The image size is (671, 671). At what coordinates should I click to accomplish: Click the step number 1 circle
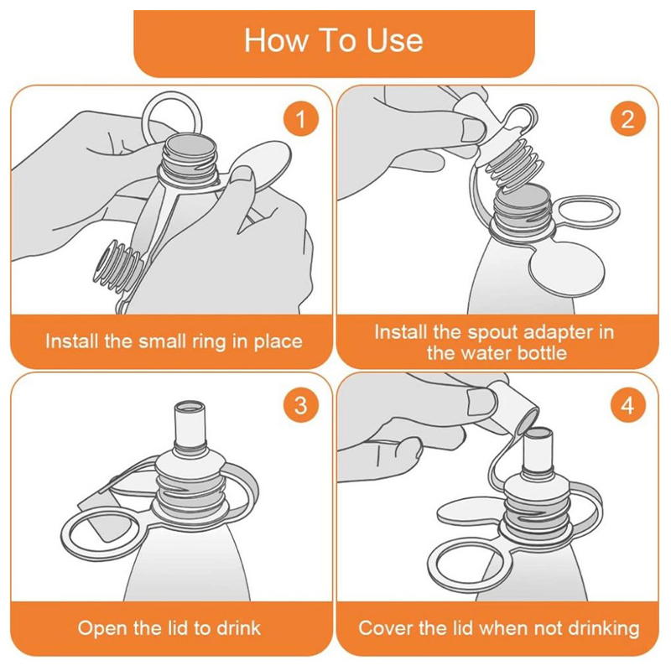click(301, 118)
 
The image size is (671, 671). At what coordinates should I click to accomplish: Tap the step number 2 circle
click(627, 118)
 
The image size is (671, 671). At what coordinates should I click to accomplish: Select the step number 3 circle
click(301, 405)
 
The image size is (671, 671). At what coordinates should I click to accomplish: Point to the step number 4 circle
click(627, 405)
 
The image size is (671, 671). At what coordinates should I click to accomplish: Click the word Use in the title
click(394, 40)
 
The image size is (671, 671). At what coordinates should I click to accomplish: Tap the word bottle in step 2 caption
click(542, 353)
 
